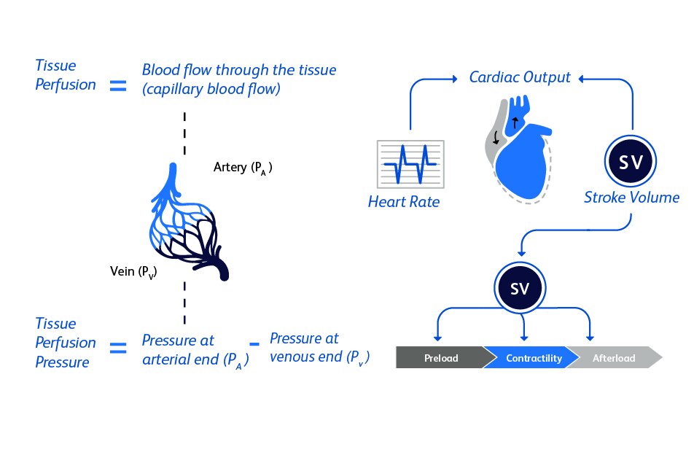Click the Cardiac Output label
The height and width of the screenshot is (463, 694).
[519, 77]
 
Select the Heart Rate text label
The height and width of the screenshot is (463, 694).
[404, 202]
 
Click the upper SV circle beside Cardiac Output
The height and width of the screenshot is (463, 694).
[631, 163]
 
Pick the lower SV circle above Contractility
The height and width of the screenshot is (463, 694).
[520, 289]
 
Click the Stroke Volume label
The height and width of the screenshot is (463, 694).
[631, 198]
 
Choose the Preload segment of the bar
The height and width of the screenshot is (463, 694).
[440, 358]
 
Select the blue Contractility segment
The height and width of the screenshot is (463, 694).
[533, 358]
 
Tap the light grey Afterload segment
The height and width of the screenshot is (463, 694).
[615, 358]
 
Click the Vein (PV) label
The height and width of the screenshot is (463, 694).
[134, 272]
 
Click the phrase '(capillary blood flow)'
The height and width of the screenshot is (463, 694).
[211, 90]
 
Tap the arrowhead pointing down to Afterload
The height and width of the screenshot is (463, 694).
[590, 337]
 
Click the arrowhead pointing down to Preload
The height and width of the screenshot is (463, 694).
[437, 337]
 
